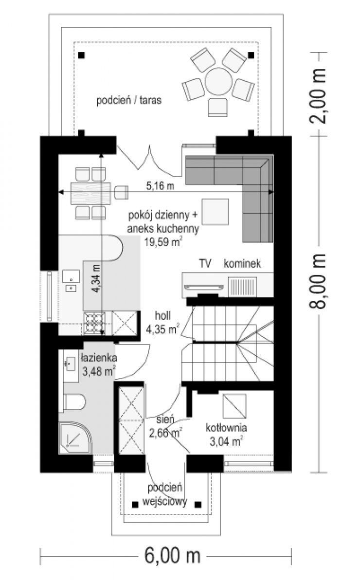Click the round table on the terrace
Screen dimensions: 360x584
(x=218, y=82)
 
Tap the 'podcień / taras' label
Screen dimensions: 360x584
(x=129, y=100)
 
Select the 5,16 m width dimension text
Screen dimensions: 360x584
(x=160, y=186)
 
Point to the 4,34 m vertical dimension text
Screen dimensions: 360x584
(x=96, y=278)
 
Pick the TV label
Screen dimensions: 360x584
(x=205, y=263)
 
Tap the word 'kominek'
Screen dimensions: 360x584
(x=242, y=263)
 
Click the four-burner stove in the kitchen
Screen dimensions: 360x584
(x=94, y=324)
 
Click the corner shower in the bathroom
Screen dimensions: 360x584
(x=75, y=439)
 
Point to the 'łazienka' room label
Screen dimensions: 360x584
(x=99, y=358)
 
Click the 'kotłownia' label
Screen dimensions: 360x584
(x=226, y=428)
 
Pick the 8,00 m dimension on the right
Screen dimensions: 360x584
(x=318, y=281)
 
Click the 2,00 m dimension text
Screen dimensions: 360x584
(x=318, y=96)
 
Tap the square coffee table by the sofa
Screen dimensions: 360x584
(x=215, y=212)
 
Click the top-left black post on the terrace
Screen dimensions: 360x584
(x=82, y=55)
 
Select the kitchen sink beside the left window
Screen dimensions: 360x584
(x=71, y=281)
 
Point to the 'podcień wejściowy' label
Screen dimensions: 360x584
(x=165, y=494)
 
